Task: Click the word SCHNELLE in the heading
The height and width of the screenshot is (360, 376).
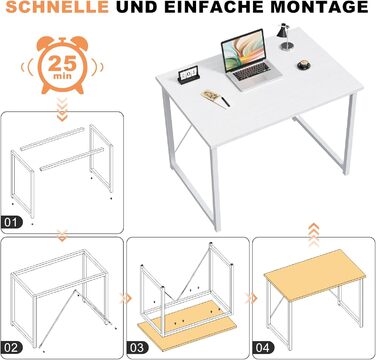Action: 57,7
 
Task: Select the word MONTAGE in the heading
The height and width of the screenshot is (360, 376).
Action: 320,7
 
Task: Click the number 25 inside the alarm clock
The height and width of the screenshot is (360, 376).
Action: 62,64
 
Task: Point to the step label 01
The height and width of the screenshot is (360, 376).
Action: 11,222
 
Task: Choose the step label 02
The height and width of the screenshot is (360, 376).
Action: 11,348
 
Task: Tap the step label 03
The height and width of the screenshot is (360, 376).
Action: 137,348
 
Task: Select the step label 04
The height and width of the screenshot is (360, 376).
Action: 263,348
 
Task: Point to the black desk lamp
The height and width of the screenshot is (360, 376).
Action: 284,37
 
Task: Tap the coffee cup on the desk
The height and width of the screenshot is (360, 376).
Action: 304,65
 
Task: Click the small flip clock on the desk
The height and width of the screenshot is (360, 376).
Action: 188,75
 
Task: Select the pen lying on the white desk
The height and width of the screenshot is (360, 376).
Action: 225,102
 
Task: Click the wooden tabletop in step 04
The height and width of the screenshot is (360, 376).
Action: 315,274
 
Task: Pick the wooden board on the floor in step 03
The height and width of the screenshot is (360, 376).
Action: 187,326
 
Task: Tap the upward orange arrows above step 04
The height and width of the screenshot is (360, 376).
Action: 313,235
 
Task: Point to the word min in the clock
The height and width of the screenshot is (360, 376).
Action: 62,76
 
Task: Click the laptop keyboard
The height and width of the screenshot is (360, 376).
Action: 252,71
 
